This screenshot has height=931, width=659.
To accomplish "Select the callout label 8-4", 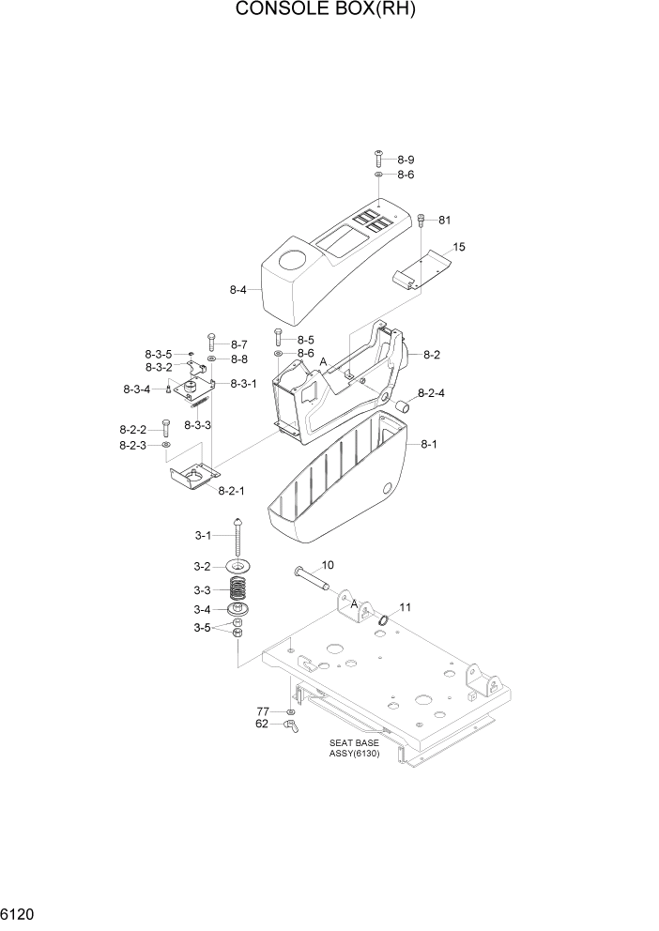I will [x=238, y=291].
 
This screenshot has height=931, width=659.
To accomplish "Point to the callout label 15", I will [x=459, y=247].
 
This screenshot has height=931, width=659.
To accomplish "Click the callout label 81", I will [x=444, y=221].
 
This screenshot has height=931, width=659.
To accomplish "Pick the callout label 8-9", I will [x=405, y=160].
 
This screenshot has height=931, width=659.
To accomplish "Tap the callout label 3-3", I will [x=204, y=590].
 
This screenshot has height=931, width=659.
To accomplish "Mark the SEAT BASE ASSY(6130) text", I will [x=354, y=748].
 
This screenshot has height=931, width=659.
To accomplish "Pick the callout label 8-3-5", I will [x=158, y=354].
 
